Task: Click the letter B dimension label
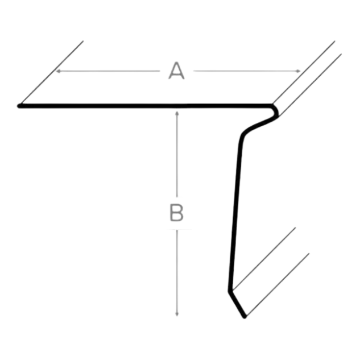tap(177, 213)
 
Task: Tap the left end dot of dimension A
tap(58, 71)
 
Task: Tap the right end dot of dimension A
tap(299, 71)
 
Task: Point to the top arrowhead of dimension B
tap(177, 113)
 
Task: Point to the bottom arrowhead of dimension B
tap(177, 315)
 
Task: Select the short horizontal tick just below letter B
tap(178, 230)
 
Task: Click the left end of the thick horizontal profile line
tap(20, 105)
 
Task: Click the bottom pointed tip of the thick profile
tap(245, 317)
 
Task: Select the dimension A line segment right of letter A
tap(245, 71)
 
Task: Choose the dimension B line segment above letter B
tap(177, 154)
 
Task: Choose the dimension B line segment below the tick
tap(177, 273)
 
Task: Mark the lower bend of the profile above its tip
tap(230, 290)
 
